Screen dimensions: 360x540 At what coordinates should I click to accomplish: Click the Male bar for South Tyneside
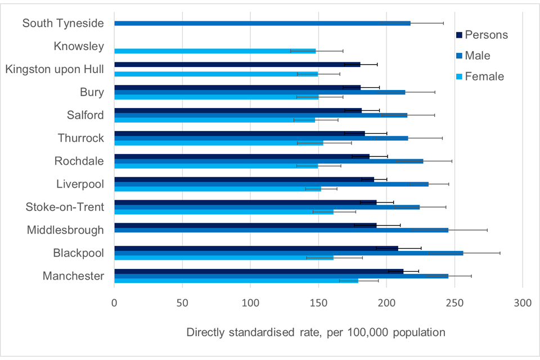click(x=262, y=23)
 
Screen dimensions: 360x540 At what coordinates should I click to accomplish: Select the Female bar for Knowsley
click(x=215, y=51)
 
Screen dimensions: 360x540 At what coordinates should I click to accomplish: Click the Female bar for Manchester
click(x=236, y=281)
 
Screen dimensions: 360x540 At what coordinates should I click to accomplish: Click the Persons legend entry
click(x=481, y=35)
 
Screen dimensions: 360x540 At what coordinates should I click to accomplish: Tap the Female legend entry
click(x=476, y=76)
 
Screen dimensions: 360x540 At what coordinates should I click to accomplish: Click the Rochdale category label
click(x=79, y=161)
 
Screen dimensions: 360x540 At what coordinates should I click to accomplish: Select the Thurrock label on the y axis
click(x=80, y=138)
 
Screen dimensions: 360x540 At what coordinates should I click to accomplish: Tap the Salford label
click(x=85, y=115)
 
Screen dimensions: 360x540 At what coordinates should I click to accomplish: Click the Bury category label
click(x=92, y=92)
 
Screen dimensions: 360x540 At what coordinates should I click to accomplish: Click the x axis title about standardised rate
click(x=316, y=332)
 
